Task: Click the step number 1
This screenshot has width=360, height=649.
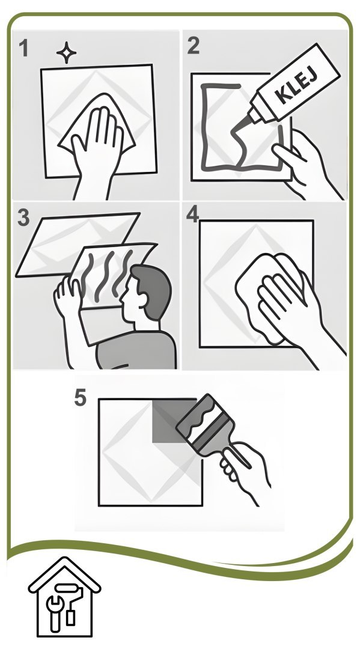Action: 23,48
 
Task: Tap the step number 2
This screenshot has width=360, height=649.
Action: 193,46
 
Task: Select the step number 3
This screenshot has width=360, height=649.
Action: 23,218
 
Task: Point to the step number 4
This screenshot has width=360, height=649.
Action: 192,215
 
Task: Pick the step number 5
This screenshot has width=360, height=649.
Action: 80,398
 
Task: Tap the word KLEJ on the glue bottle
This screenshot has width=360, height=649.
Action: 296,88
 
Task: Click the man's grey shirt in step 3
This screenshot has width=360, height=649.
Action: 136,350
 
